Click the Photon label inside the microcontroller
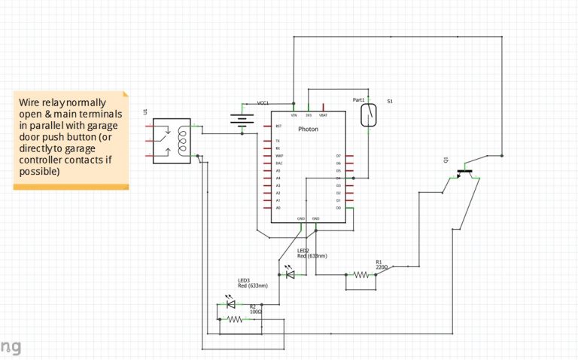pos(309,130)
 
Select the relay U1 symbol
pos(172,141)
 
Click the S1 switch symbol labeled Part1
pos(369,115)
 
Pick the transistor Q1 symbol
pos(465,173)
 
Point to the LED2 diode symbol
pos(290,274)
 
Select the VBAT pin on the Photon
pos(323,114)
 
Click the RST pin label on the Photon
pos(278,126)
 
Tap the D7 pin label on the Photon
pos(339,156)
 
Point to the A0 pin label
pos(278,207)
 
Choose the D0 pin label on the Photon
pos(339,207)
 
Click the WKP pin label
pos(278,156)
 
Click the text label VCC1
pos(263,102)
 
